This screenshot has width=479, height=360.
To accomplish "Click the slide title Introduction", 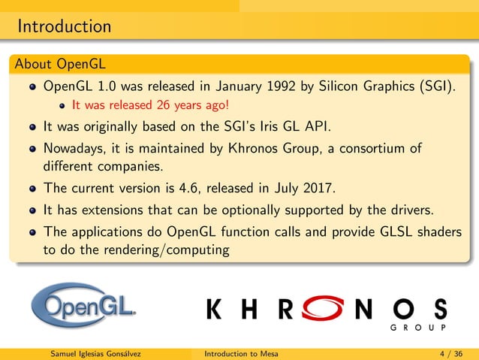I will (x=64, y=27).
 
